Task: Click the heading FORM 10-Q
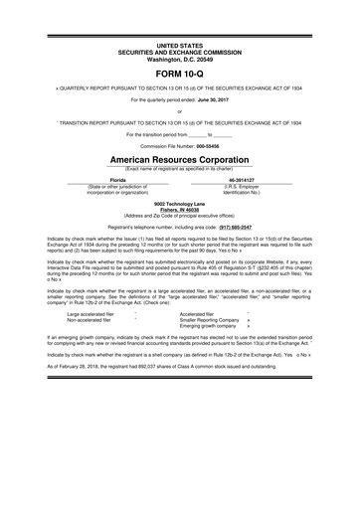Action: [x=180, y=76]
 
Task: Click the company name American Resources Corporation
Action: [x=180, y=159]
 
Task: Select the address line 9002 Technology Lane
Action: [x=180, y=203]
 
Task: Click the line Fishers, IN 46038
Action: [x=180, y=209]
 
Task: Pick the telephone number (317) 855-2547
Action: [x=226, y=228]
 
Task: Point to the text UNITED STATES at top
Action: [x=180, y=46]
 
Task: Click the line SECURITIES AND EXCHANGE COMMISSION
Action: [x=180, y=52]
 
